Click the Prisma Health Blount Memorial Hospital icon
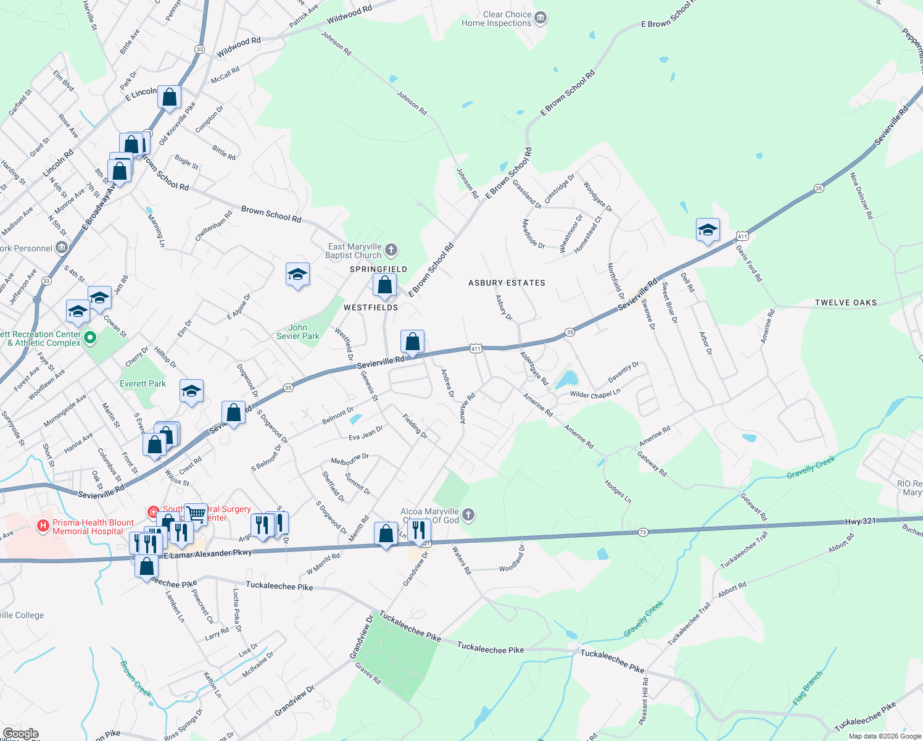tap(43, 526)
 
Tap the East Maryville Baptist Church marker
tap(391, 250)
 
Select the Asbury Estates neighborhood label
tap(507, 283)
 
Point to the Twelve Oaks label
tap(845, 303)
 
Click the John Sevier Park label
tap(297, 332)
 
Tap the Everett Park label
tap(143, 383)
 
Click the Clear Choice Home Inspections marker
tap(540, 18)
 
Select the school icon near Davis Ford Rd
tap(707, 230)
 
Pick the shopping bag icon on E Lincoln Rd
tap(169, 98)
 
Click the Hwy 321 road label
tap(860, 522)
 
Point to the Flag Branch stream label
tap(808, 688)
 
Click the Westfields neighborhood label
tap(371, 308)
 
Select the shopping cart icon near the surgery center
tap(196, 514)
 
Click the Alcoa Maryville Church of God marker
tap(468, 514)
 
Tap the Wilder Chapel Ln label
tap(595, 394)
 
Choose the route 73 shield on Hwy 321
tap(643, 532)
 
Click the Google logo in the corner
tap(20, 734)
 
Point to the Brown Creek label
tap(136, 679)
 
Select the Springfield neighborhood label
tap(378, 269)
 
